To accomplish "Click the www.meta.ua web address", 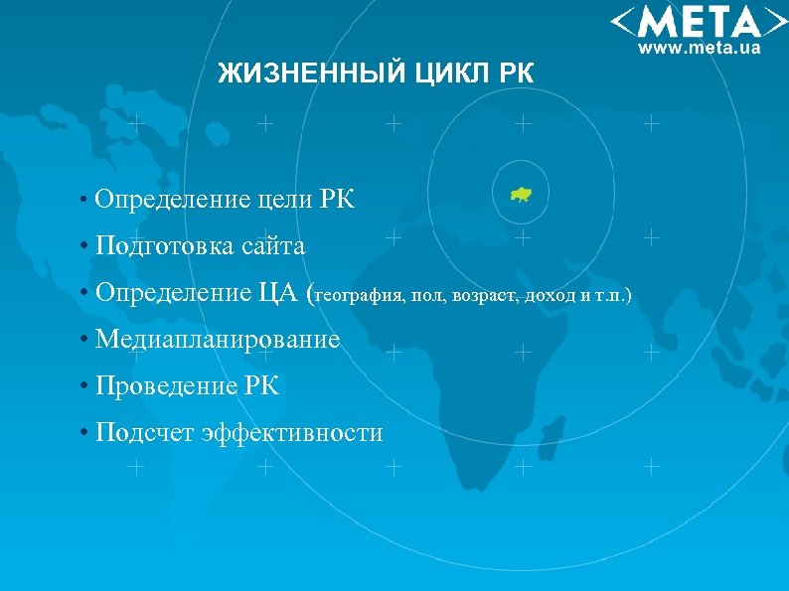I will (699, 47).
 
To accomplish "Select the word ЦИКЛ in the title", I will (453, 74).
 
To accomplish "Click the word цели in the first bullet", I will (284, 200).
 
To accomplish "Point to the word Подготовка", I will (165, 245).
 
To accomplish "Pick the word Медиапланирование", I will (218, 340).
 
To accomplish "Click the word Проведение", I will (166, 385).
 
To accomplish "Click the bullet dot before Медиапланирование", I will (86, 341).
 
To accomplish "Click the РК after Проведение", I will (261, 385).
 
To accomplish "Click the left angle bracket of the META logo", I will (621, 22).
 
